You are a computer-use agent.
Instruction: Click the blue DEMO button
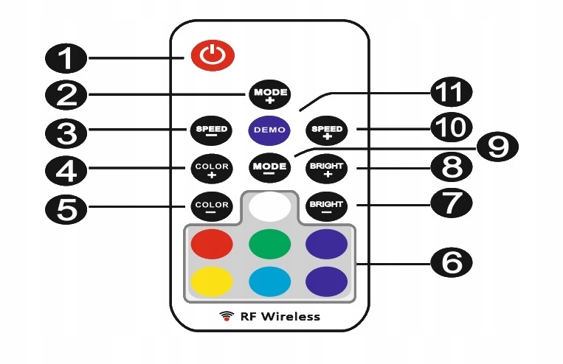(269, 130)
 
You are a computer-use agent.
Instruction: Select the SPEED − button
(210, 130)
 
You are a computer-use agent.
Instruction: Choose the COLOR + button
(211, 169)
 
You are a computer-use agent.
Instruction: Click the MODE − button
(269, 167)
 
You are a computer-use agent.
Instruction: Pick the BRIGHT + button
(327, 168)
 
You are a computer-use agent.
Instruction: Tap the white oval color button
(269, 207)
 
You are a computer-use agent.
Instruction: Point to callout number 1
(65, 57)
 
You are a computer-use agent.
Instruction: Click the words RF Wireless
(280, 316)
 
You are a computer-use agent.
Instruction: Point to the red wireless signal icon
(227, 316)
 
